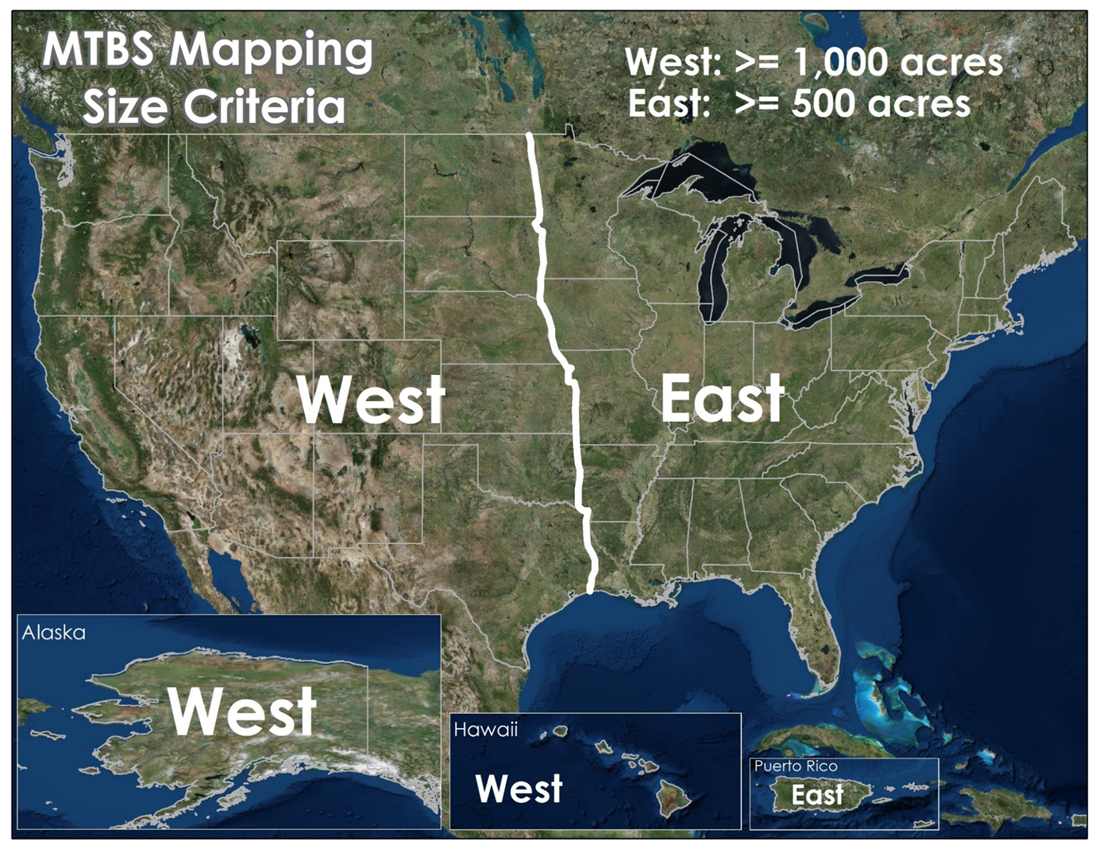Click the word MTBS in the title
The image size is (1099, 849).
tap(98, 49)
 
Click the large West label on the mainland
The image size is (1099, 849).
tap(371, 399)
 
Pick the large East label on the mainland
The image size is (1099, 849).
tap(722, 399)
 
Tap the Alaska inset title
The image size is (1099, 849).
tap(53, 632)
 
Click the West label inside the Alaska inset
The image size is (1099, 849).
tap(242, 711)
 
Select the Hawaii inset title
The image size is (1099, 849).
tap(485, 729)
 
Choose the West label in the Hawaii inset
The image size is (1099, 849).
tap(519, 789)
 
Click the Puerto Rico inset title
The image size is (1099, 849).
tap(795, 766)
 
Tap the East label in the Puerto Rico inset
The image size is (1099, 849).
tap(817, 795)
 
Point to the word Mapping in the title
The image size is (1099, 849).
tap(270, 51)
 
